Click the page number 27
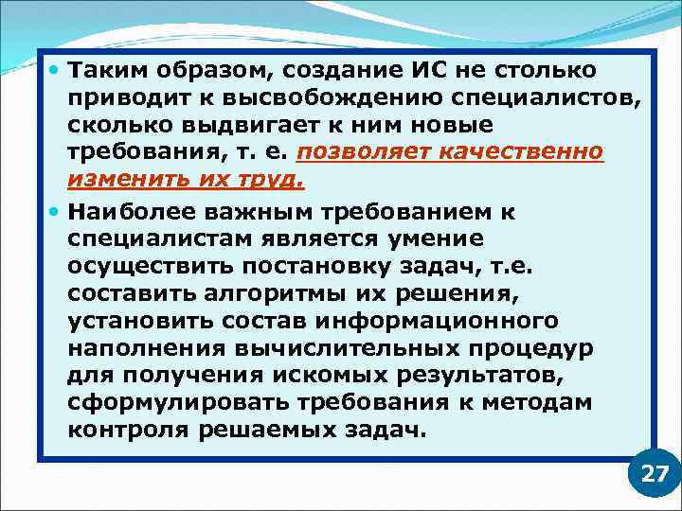pyautogui.click(x=655, y=473)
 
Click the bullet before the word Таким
pyautogui.click(x=57, y=70)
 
